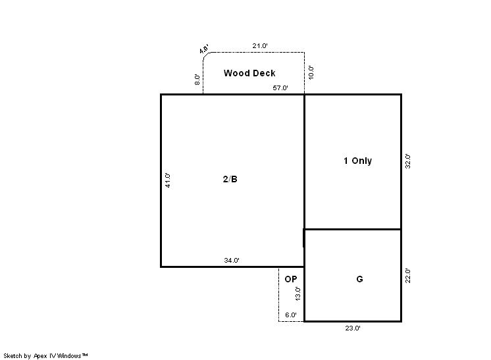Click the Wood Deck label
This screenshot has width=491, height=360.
click(x=249, y=73)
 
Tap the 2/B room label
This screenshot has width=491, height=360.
click(x=230, y=179)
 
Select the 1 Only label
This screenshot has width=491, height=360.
click(x=357, y=161)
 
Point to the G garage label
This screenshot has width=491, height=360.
click(x=359, y=279)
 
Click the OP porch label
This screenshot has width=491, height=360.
click(x=291, y=279)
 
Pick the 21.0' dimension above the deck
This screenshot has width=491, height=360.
click(x=260, y=45)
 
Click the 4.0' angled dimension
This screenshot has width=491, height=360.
click(x=204, y=49)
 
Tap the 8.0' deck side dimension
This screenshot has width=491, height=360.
click(x=197, y=80)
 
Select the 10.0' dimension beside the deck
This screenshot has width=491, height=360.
click(x=311, y=72)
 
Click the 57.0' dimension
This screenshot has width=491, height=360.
click(x=280, y=88)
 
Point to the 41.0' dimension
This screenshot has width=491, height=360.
click(x=168, y=180)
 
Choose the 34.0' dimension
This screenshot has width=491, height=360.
click(x=232, y=261)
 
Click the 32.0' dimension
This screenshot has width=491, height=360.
click(x=407, y=161)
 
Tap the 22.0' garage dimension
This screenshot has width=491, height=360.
click(x=407, y=276)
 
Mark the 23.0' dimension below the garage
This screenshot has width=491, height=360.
click(x=353, y=328)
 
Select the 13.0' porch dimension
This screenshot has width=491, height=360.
click(x=297, y=294)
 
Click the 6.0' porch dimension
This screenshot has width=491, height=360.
click(x=291, y=315)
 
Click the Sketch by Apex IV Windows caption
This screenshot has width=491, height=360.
click(x=45, y=356)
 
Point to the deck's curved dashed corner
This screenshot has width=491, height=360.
click(x=205, y=55)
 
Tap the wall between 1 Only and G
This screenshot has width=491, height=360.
click(x=353, y=230)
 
